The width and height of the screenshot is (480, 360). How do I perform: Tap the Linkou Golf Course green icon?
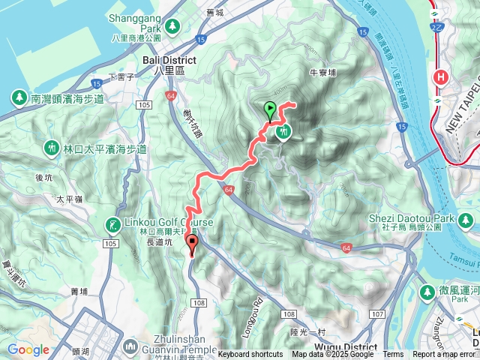coord(112,223)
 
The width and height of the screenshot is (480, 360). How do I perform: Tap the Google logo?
coord(28,349)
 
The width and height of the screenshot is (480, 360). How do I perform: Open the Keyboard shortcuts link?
coord(250,354)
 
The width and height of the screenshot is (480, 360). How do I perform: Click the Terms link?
coord(393,354)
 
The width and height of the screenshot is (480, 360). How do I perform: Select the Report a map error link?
coord(445,354)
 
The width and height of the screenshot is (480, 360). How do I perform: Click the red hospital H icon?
coord(442,76)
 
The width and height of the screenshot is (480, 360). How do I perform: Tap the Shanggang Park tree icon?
coord(173,26)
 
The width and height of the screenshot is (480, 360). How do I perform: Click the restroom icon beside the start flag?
coord(283,132)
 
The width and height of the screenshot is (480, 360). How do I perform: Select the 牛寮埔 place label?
coord(322,73)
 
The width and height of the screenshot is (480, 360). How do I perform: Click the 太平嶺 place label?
coord(69,199)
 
